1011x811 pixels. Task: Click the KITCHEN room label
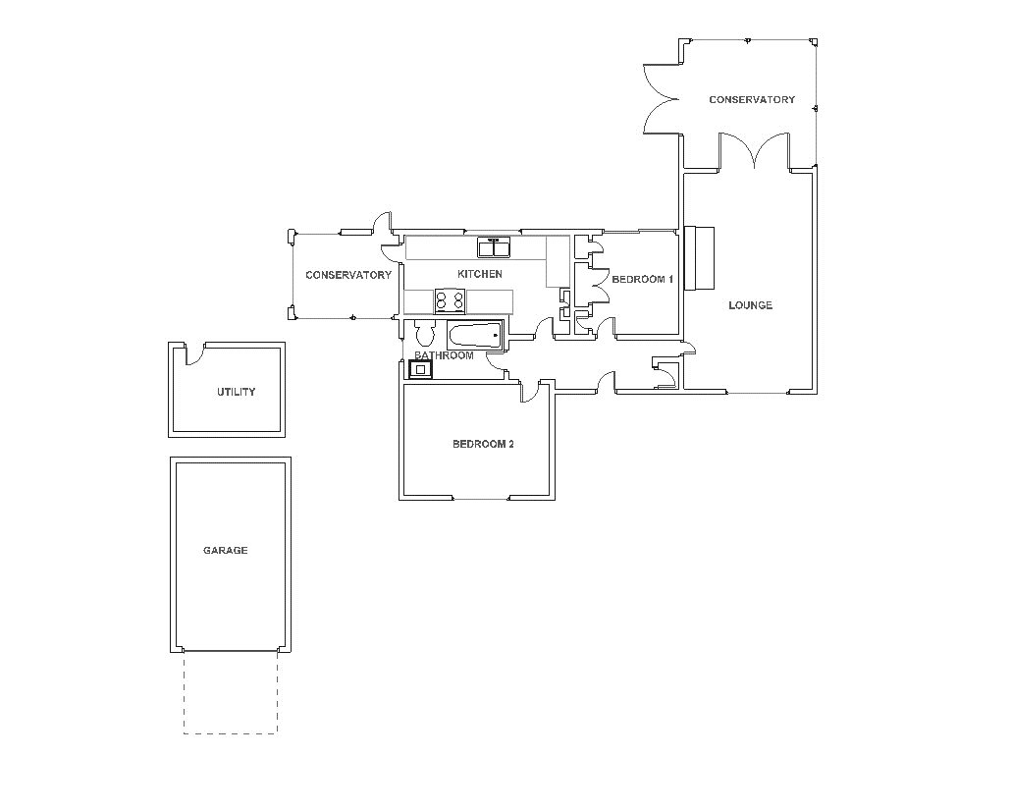(480, 274)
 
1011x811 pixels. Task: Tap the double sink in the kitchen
(494, 245)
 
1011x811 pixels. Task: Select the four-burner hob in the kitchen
(450, 299)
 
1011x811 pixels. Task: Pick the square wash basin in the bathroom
(420, 369)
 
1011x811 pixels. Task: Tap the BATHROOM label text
(444, 355)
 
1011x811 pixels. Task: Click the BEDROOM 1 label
(642, 280)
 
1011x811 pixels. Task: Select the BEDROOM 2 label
(483, 444)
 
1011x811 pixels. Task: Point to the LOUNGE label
(750, 305)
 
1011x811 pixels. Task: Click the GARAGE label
(225, 551)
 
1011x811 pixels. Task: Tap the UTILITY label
(236, 392)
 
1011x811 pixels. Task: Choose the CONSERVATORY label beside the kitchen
(347, 275)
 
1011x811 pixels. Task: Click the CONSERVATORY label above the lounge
(751, 100)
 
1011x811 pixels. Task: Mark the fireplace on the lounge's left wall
(701, 258)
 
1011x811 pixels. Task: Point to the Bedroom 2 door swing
(530, 391)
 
